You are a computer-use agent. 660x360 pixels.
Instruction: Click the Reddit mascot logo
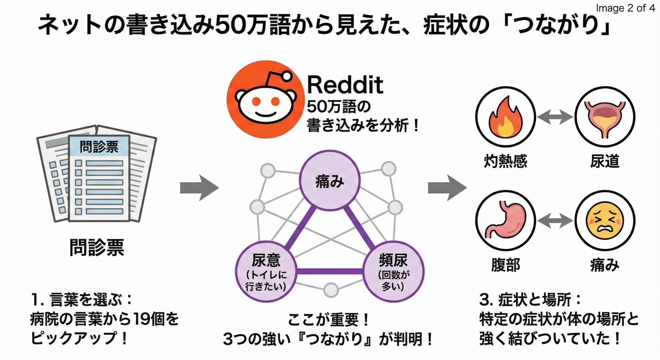[x=265, y=100]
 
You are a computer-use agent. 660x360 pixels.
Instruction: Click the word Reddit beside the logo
[x=345, y=85]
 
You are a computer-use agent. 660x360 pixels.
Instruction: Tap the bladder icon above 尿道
[x=605, y=117]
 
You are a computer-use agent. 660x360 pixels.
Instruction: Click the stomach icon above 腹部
[x=505, y=221]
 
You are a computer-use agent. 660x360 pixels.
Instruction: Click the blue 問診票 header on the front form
[x=99, y=146]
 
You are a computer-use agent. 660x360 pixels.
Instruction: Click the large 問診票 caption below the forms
[x=97, y=247]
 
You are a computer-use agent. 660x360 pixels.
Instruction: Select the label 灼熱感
[x=505, y=161]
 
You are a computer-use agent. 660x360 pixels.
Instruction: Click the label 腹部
[x=505, y=265]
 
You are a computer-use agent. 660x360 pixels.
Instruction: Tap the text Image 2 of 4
[x=625, y=8]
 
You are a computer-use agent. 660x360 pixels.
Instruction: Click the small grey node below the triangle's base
[x=331, y=290]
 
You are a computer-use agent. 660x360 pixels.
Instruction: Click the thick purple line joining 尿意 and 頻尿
[x=329, y=271]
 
